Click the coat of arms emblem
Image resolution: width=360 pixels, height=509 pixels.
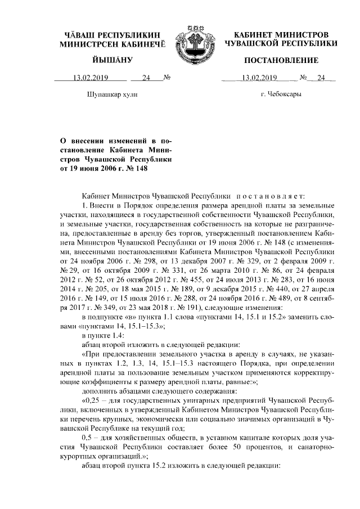coord(190,39)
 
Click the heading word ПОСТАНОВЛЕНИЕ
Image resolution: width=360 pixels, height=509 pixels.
coord(281,60)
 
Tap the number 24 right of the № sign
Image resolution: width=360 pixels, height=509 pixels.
coord(322,78)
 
